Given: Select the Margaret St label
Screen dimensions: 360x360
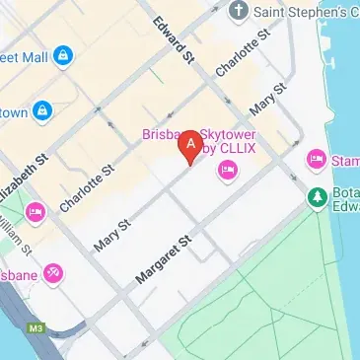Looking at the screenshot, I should [163, 259].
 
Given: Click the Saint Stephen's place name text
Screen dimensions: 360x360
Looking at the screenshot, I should [305, 12].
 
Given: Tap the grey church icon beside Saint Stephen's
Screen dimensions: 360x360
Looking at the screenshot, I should [238, 11].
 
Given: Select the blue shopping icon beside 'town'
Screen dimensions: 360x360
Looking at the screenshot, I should [42, 111].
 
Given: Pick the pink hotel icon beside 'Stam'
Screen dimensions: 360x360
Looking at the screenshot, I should [316, 158].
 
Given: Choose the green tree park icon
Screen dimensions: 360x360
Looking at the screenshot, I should [317, 196].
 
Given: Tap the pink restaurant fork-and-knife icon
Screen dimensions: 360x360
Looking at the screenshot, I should [53, 272].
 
